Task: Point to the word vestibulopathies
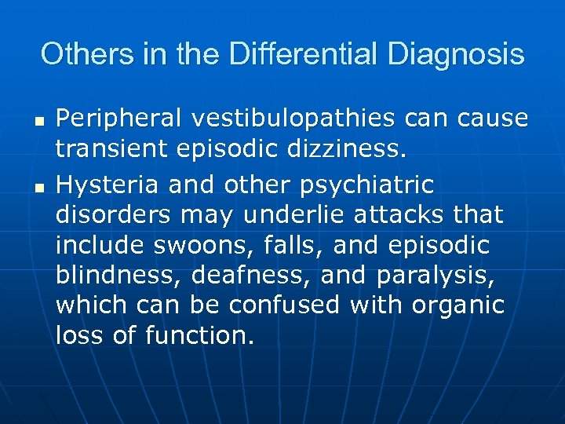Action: pos(293,119)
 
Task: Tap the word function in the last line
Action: pos(199,337)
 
